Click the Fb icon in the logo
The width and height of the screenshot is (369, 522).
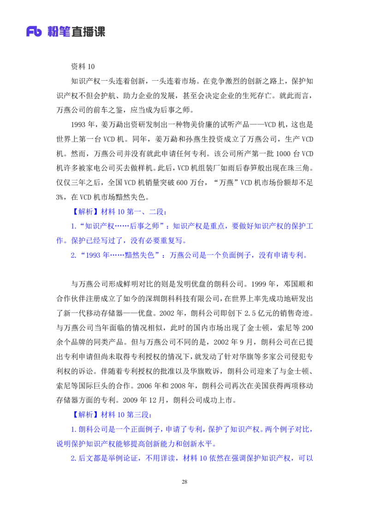click(x=34, y=31)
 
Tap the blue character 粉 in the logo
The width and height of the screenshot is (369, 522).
click(x=55, y=31)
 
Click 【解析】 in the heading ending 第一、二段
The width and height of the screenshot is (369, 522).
click(x=85, y=212)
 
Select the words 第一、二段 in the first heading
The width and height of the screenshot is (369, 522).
click(x=146, y=212)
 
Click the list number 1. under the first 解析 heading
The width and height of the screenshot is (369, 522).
click(x=73, y=226)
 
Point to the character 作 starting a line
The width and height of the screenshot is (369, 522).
click(x=59, y=241)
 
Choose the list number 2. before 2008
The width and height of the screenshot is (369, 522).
click(x=73, y=255)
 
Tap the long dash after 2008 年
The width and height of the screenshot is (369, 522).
click(x=114, y=255)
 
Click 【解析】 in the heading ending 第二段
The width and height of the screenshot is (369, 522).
click(x=85, y=415)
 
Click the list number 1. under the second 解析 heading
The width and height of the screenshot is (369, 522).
click(x=73, y=430)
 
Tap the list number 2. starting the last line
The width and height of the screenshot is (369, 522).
click(x=73, y=458)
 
